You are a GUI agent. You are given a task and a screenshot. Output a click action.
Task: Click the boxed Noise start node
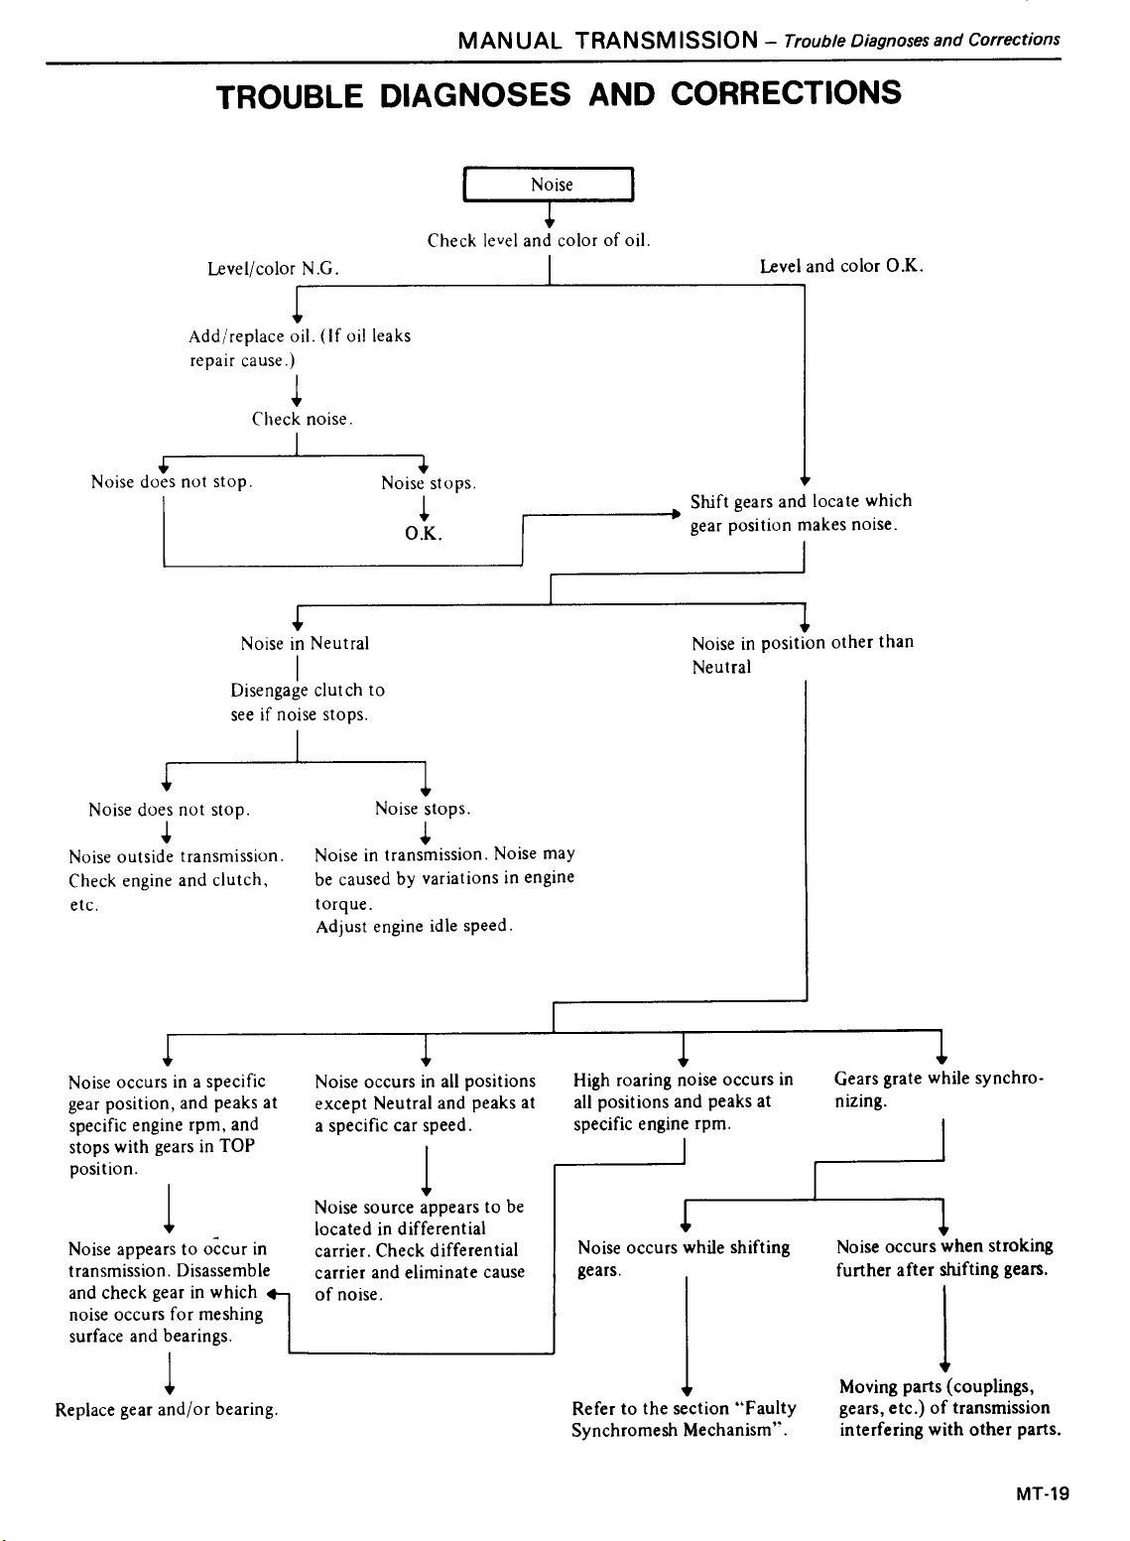pos(549,185)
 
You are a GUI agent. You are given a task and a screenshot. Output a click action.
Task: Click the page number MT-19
pos(1043,1493)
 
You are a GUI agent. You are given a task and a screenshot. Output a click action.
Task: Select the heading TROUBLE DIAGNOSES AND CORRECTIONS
pos(559,94)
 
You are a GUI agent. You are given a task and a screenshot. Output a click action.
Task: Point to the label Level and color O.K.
pos(841,266)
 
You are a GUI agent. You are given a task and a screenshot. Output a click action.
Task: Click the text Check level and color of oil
pos(539,240)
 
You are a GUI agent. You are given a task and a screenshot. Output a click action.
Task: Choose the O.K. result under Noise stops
pos(424,534)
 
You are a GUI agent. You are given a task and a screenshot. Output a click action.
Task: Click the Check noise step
pos(302,419)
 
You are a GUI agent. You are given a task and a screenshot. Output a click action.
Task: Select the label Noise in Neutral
pos(305,643)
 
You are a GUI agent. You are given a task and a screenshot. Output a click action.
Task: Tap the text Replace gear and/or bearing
pos(167,1409)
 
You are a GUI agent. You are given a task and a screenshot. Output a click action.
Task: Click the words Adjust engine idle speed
pos(414,926)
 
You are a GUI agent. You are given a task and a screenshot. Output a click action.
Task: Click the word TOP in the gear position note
pos(237,1146)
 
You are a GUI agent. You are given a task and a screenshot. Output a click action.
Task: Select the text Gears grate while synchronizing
pos(939,1090)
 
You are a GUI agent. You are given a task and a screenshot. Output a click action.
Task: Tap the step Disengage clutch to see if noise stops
pos(307,702)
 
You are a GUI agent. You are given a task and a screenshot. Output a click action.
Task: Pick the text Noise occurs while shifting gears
pos(684,1258)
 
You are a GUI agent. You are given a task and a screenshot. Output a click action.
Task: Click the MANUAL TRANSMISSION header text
pos(608,41)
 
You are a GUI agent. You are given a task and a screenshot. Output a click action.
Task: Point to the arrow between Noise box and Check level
pos(549,216)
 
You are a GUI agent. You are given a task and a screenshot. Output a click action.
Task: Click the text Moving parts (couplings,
pos(937,1386)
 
